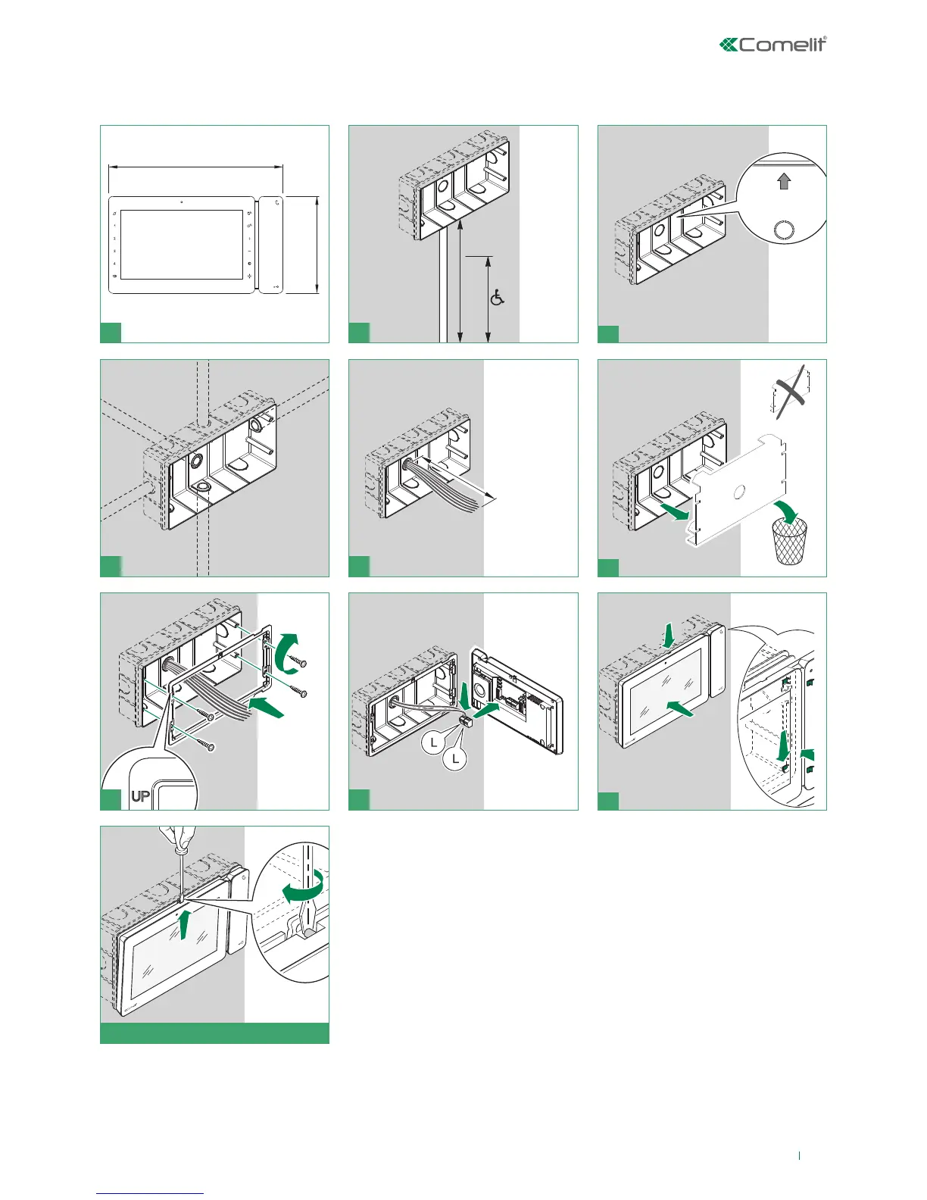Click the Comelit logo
click(772, 45)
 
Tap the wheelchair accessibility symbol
click(498, 298)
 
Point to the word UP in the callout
click(141, 796)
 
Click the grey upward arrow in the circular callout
click(784, 181)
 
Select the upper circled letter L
click(434, 742)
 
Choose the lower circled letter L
click(455, 758)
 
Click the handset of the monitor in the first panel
click(271, 245)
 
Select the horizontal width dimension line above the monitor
click(195, 167)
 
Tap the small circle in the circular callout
click(783, 232)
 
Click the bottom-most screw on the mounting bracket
click(207, 746)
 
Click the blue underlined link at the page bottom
click(150, 1193)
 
